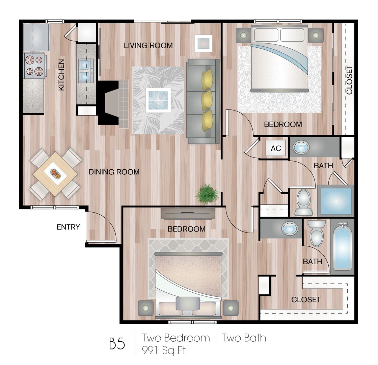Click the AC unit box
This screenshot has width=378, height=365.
(x=276, y=148)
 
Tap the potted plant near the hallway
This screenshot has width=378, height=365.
(x=207, y=194)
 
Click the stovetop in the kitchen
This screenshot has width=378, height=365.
(x=34, y=66)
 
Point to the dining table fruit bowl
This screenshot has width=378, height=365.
(x=56, y=173)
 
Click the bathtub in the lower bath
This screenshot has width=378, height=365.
(x=343, y=247)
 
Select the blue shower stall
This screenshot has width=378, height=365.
(x=335, y=201)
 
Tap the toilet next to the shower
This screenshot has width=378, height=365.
(x=303, y=202)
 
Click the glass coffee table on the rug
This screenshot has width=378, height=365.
(x=158, y=100)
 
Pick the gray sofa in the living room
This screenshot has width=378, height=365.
(x=203, y=101)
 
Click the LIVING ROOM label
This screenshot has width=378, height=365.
(x=148, y=45)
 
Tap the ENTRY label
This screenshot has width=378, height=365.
(x=68, y=227)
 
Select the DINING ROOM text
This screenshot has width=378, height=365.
(x=114, y=172)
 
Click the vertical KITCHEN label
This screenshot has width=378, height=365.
(x=61, y=75)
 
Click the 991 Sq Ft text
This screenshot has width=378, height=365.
(x=164, y=350)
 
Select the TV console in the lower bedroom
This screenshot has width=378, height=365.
(x=188, y=213)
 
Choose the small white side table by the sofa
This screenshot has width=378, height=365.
(x=204, y=43)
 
